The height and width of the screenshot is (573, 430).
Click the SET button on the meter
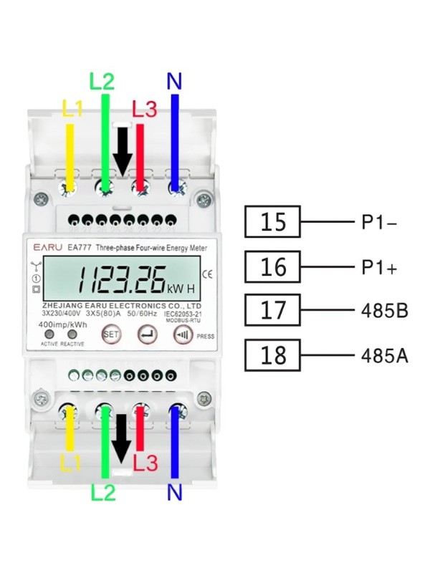(x=110, y=334)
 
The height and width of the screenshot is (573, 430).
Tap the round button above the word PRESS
(x=181, y=334)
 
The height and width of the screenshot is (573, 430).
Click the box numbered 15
(x=272, y=222)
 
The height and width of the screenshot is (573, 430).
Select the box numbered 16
(x=272, y=267)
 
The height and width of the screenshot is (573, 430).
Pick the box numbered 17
(x=272, y=311)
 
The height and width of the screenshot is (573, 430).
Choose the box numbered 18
(x=272, y=355)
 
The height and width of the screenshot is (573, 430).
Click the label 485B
(x=383, y=312)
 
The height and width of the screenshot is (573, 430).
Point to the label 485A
(x=383, y=356)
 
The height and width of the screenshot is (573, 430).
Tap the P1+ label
(x=379, y=267)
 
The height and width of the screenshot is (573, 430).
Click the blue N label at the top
(x=173, y=81)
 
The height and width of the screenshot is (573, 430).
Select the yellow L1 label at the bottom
(x=70, y=463)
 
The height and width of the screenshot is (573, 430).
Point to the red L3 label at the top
(x=144, y=110)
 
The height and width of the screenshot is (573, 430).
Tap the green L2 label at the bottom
(x=104, y=492)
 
